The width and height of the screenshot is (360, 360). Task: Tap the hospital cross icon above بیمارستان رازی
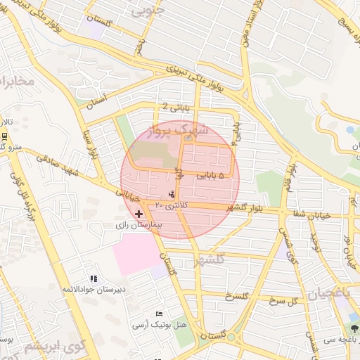pyautogui.click(x=139, y=213)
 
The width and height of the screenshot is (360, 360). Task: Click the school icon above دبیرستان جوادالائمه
pyautogui.click(x=94, y=278)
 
